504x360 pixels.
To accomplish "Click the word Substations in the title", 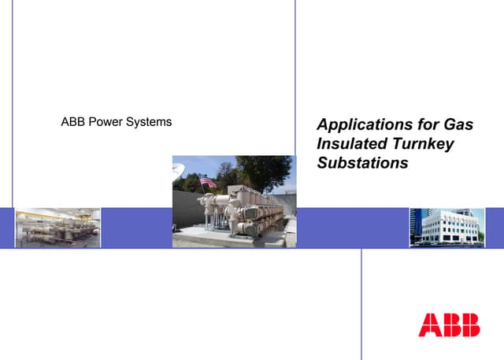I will tap(361, 163).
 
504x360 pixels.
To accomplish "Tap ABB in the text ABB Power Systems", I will tap(73, 122).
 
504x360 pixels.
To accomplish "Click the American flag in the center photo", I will tap(208, 182).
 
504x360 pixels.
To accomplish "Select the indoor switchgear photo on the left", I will tap(57, 228).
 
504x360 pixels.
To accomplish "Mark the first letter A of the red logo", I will tap(429, 325).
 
